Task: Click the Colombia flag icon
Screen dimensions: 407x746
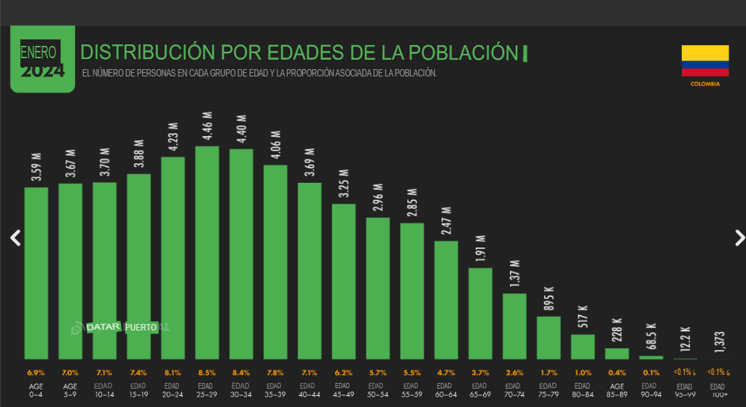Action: click(x=704, y=60)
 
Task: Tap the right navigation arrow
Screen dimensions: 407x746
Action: click(x=739, y=237)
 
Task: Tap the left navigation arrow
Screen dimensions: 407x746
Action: click(x=15, y=237)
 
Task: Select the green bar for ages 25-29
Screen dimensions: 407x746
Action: click(x=207, y=252)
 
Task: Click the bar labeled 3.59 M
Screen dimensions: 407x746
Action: click(x=36, y=272)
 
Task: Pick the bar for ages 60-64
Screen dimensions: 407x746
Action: click(x=446, y=299)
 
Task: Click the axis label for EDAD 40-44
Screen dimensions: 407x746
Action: click(x=309, y=390)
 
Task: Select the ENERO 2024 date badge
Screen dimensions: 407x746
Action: click(x=42, y=60)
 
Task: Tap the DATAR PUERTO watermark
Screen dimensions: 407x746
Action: click(x=122, y=327)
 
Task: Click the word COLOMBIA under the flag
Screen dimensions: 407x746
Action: click(x=704, y=84)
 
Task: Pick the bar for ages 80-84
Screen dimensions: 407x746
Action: click(x=583, y=346)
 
